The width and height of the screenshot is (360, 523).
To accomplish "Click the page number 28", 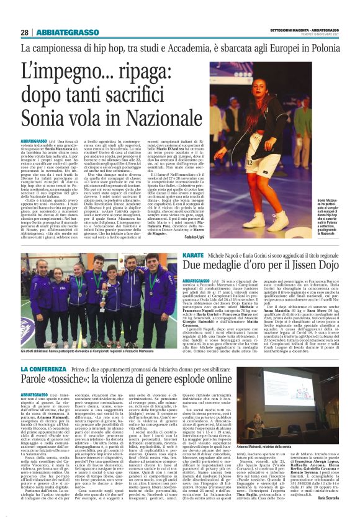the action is (x=25, y=32).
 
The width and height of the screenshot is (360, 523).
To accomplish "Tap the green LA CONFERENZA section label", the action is (x=42, y=352).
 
